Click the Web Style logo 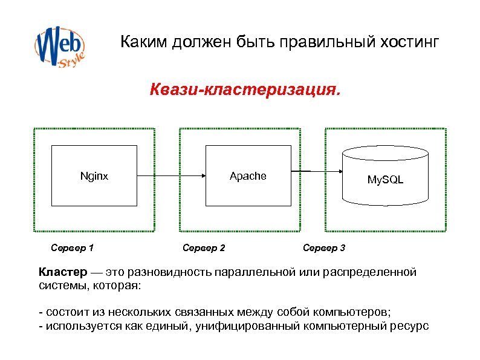pos(59,46)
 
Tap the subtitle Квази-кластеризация pos(245,91)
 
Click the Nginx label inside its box pos(94,176)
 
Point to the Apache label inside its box pos(248,176)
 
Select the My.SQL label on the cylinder pos(385,180)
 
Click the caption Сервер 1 pos(72,248)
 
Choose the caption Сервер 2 pos(204,248)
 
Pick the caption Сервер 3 pos(324,248)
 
